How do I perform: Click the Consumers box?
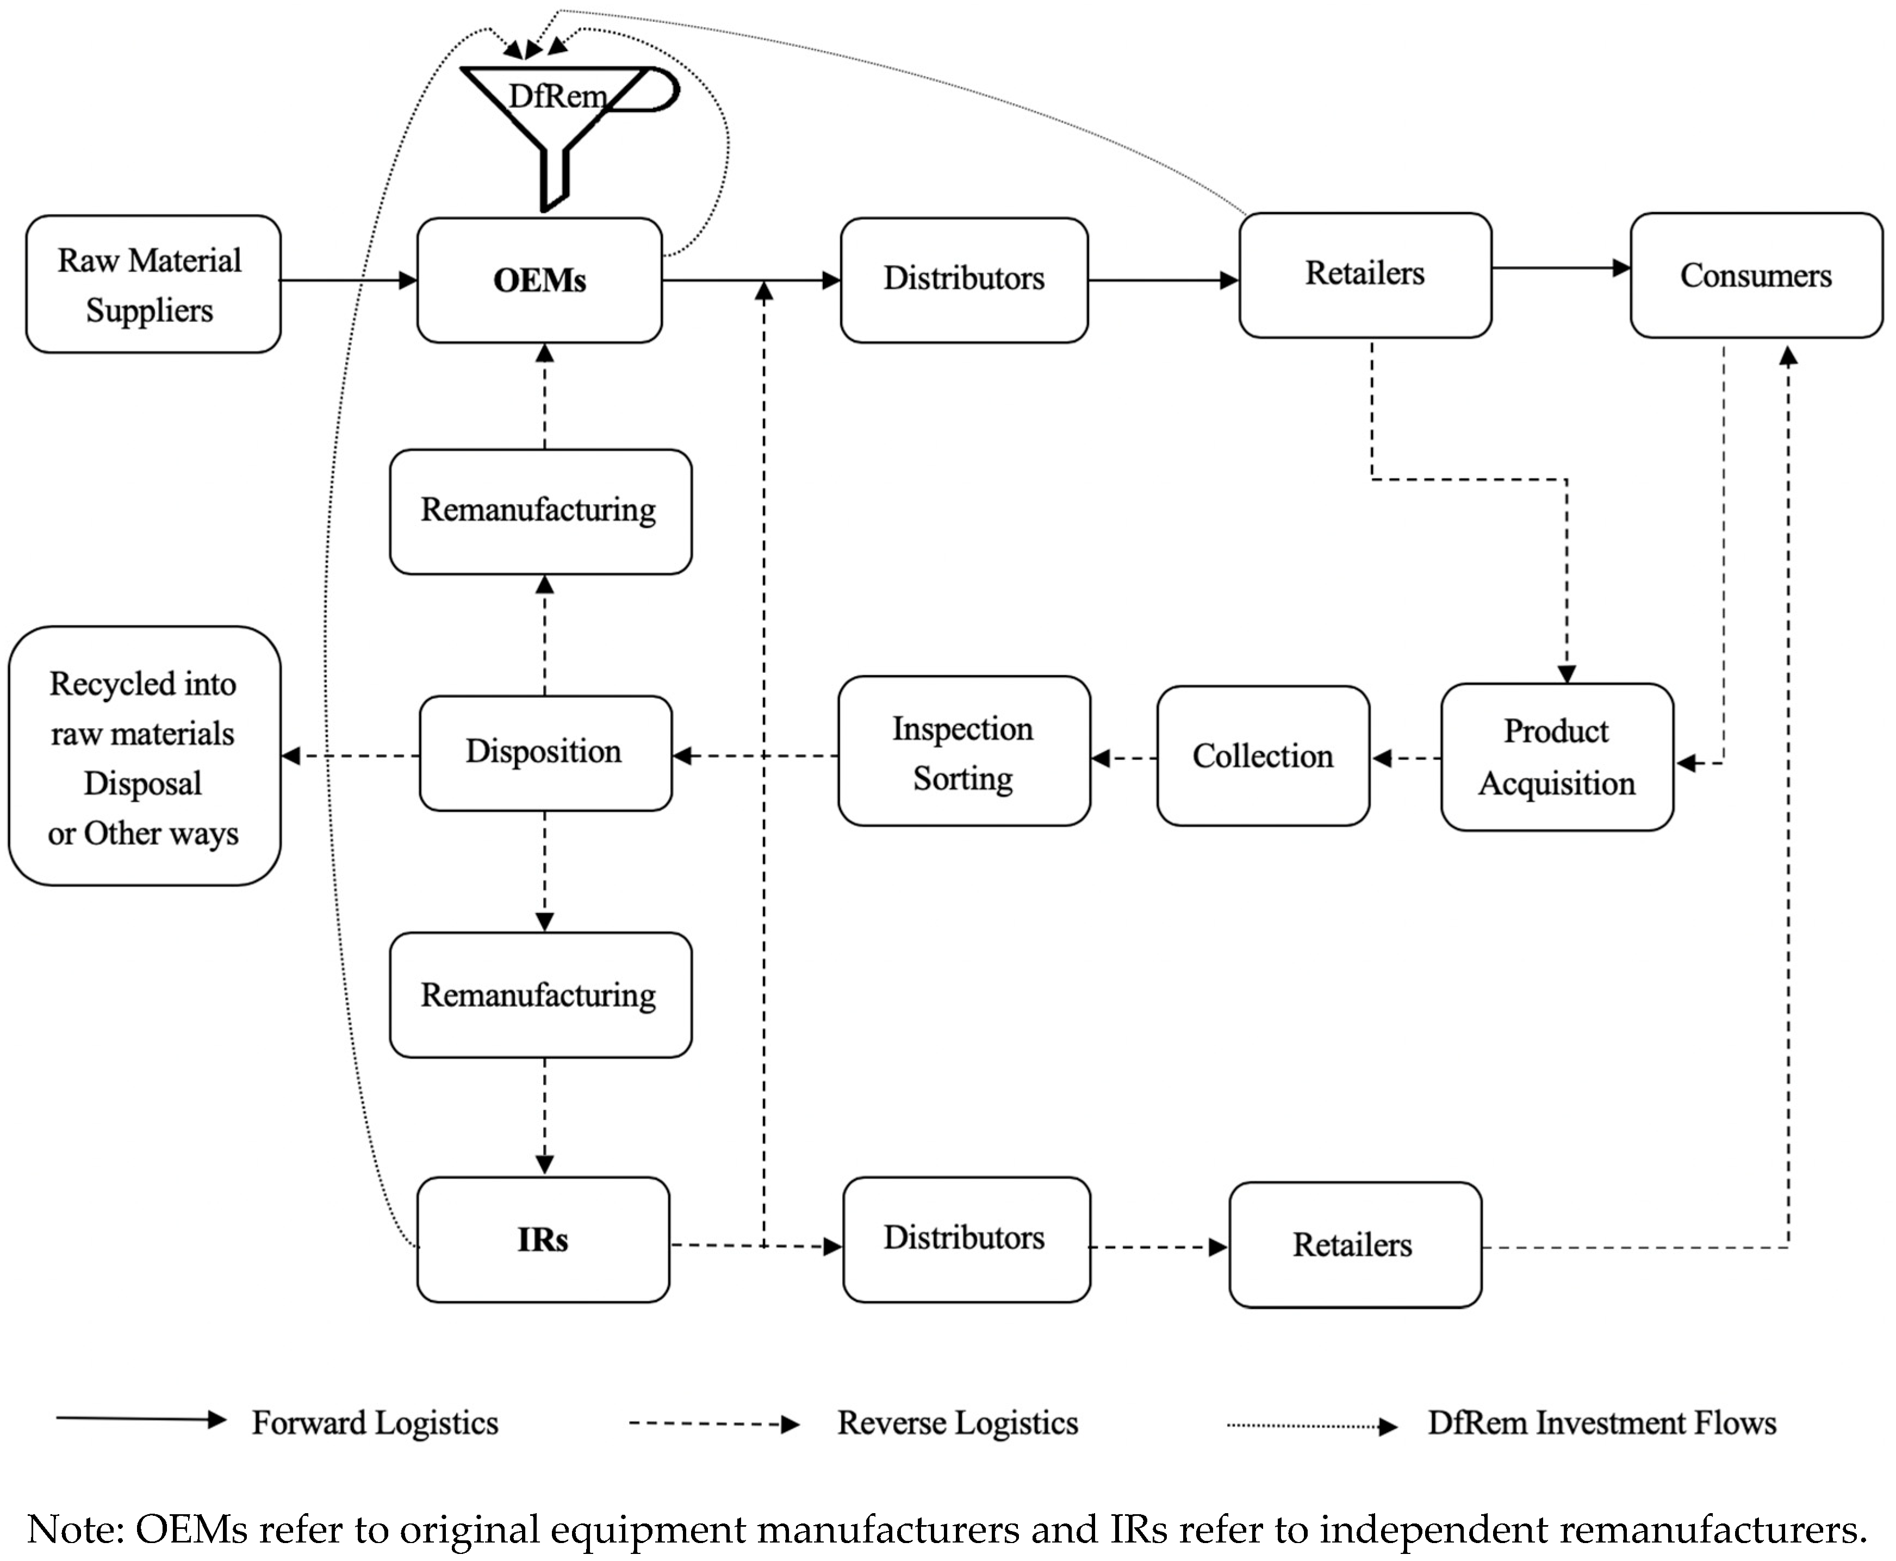(1755, 275)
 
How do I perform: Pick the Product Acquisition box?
(1556, 757)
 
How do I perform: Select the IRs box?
(543, 1240)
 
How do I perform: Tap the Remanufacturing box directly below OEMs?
(539, 511)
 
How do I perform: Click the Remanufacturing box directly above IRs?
(539, 995)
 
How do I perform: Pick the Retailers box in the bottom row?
(1354, 1246)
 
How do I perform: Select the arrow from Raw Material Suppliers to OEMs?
(349, 281)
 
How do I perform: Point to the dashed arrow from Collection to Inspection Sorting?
(1124, 758)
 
